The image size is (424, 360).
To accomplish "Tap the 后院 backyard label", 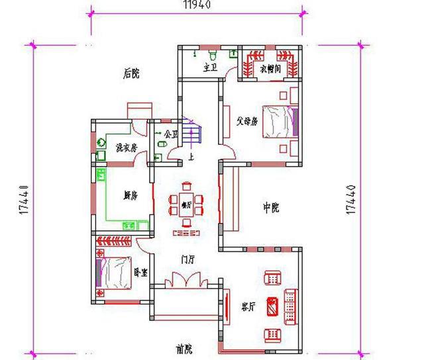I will [x=131, y=74].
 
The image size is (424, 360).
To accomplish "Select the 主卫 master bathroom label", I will [x=210, y=67].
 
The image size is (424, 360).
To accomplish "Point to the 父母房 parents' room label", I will [x=246, y=122].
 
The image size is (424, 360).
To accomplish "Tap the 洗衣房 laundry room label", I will [x=126, y=148].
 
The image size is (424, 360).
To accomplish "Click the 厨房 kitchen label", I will [x=130, y=196].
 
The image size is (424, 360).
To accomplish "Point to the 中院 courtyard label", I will [x=270, y=208].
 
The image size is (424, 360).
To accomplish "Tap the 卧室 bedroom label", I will [x=140, y=271].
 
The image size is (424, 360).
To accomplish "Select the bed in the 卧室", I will [x=114, y=271].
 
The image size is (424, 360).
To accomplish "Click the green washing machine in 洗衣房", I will [x=102, y=141].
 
